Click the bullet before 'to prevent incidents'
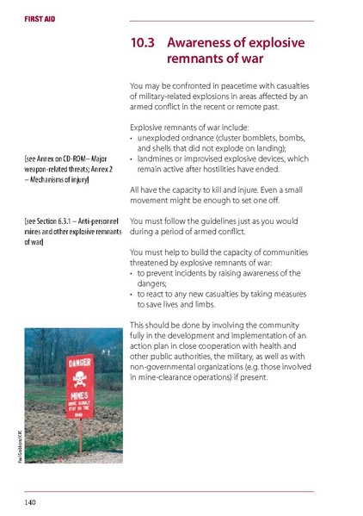click(x=132, y=273)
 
